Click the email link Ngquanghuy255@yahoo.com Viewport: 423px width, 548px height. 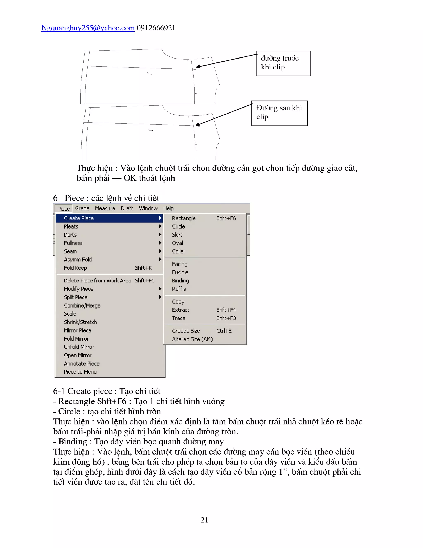point(88,28)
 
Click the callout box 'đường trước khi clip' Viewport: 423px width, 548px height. point(283,63)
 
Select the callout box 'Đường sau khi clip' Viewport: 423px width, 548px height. point(279,113)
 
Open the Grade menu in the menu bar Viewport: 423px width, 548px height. point(82,208)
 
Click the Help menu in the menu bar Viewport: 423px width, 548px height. point(168,208)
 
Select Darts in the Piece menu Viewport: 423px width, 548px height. point(70,235)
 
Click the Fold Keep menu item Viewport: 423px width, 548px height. point(75,268)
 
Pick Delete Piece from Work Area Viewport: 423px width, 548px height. point(97,281)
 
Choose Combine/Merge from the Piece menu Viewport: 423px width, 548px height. point(82,306)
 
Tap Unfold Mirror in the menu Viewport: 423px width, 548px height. point(79,347)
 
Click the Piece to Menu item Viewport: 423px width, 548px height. point(80,372)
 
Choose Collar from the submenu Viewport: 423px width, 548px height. point(179,251)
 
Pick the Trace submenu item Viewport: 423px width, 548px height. point(179,318)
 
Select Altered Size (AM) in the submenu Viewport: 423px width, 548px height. point(192,339)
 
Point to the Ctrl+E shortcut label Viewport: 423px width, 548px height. point(224,331)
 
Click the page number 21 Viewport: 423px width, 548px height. point(204,520)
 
